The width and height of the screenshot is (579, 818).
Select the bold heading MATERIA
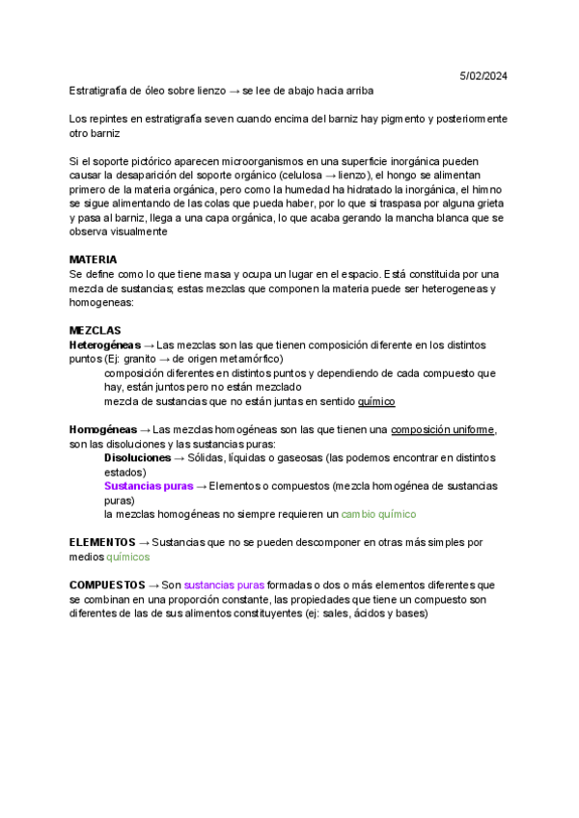pos(94,259)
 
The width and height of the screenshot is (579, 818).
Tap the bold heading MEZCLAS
pos(96,330)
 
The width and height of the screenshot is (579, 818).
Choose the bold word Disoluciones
pos(138,457)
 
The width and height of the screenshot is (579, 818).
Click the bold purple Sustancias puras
pos(149,486)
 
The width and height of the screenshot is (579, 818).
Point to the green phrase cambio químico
pos(378,515)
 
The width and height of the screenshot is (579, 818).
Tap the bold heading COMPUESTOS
pos(106,585)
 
